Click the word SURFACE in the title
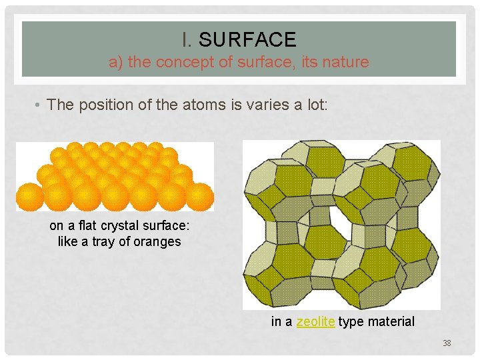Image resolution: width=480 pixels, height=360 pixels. [247, 40]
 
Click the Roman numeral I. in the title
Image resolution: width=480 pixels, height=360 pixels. [188, 40]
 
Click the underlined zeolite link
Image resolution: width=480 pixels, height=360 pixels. [315, 322]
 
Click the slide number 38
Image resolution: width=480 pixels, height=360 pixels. [447, 343]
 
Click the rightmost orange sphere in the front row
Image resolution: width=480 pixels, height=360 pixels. [201, 197]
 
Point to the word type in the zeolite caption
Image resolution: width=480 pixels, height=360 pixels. [350, 322]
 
